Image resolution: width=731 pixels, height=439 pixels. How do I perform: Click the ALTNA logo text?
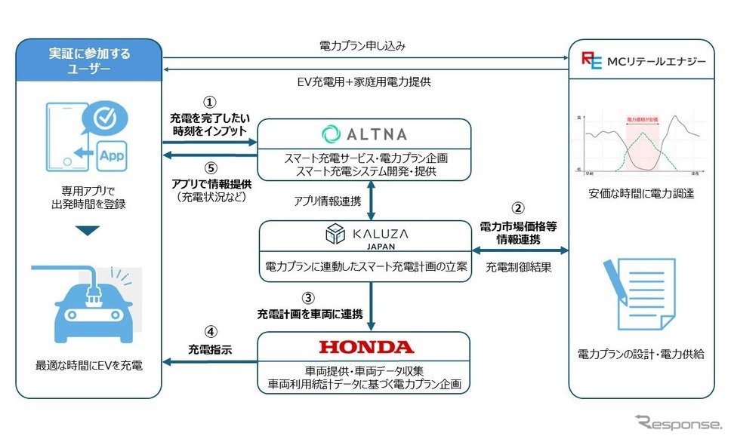pos(365,134)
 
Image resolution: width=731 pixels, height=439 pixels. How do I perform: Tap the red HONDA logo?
pos(365,347)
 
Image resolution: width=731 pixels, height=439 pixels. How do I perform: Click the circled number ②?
pos(518,208)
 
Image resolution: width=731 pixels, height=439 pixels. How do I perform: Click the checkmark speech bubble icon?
pos(106,118)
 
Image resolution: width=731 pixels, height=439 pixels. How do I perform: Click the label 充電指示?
pos(211,349)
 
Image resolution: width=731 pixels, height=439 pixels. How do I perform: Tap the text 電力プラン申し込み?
pos(362,46)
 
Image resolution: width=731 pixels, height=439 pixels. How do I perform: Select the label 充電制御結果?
pos(518,267)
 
